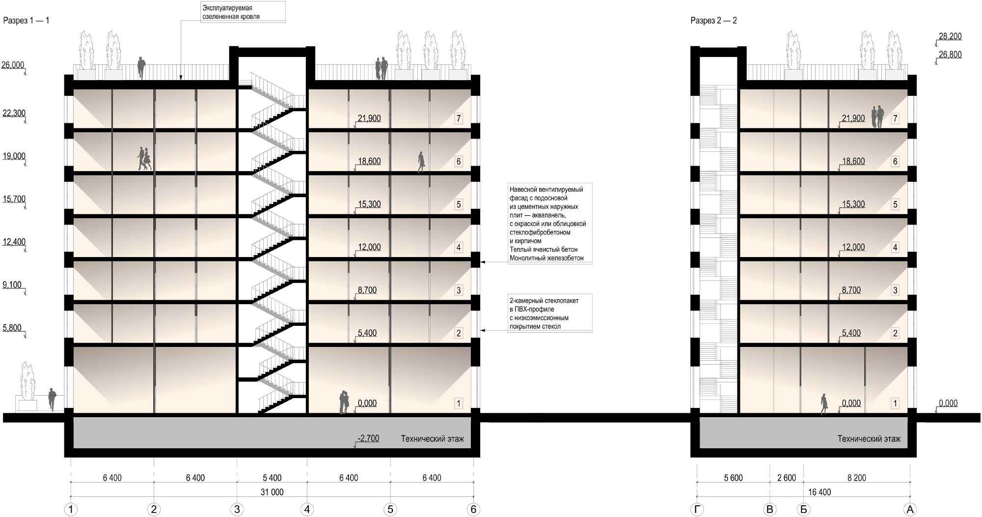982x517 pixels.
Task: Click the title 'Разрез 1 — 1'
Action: point(27,21)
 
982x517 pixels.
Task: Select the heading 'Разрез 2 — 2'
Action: point(713,21)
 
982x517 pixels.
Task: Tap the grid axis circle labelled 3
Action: point(237,510)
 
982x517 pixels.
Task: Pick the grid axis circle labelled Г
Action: point(697,510)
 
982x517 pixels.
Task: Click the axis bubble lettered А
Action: point(910,510)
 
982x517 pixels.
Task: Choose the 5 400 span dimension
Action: point(272,478)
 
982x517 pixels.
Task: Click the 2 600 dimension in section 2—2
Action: point(787,478)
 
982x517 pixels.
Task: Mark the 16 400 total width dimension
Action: point(819,492)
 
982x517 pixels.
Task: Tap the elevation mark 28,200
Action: point(950,36)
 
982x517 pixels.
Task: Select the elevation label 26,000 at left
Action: point(13,65)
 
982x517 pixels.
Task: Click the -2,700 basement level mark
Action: point(368,438)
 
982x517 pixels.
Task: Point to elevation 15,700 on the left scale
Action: point(14,199)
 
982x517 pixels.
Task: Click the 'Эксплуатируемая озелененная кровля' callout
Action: point(231,12)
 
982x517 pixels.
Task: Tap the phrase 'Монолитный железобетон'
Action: point(546,258)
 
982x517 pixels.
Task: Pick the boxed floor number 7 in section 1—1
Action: point(459,118)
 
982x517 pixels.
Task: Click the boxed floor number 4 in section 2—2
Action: point(895,248)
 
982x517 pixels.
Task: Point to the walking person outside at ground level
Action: point(52,399)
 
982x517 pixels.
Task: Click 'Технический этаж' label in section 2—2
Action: point(869,439)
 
